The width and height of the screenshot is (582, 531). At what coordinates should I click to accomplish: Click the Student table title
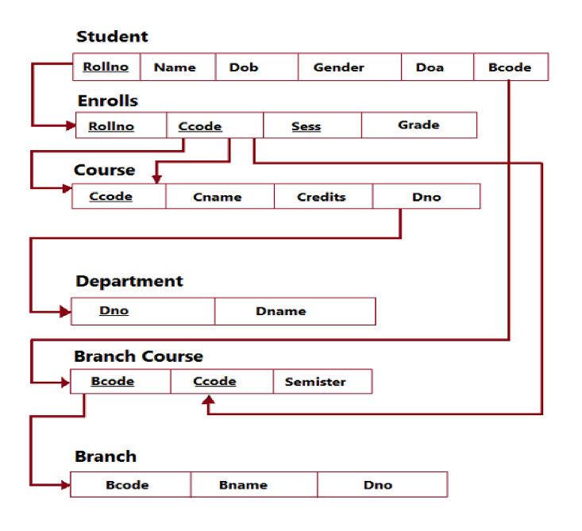tap(112, 37)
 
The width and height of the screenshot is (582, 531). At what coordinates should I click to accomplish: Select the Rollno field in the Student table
tap(106, 67)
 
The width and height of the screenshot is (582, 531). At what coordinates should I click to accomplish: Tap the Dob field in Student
tap(243, 67)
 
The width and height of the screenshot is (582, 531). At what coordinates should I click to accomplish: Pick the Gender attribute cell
tap(338, 67)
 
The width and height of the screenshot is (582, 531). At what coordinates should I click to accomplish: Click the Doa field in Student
tap(430, 67)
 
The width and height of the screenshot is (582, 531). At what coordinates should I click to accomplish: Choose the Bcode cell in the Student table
tap(510, 67)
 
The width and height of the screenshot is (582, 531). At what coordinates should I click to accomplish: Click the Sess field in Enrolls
tap(306, 126)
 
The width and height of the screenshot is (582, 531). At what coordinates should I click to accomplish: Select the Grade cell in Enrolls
tap(418, 125)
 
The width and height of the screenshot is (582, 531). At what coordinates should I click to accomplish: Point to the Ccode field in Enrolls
tap(200, 126)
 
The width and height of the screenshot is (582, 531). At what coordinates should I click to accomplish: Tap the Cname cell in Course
tap(218, 197)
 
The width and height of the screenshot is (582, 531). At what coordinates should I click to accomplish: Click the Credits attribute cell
tap(322, 197)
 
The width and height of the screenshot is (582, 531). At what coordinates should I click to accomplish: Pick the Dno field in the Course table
tap(426, 197)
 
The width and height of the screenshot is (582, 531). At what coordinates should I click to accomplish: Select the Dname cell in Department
tap(281, 311)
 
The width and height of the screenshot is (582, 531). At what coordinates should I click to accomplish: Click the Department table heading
tap(129, 282)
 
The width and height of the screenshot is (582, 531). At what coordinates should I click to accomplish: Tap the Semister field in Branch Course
tap(315, 382)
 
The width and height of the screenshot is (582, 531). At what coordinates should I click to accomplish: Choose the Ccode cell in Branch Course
tap(214, 382)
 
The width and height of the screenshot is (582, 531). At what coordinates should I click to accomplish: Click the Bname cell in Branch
tap(243, 485)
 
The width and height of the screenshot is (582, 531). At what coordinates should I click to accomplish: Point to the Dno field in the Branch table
tap(378, 485)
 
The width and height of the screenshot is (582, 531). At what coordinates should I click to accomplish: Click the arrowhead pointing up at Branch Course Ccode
tap(209, 402)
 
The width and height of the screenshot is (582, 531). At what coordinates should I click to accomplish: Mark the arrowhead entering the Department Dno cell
tap(65, 312)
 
